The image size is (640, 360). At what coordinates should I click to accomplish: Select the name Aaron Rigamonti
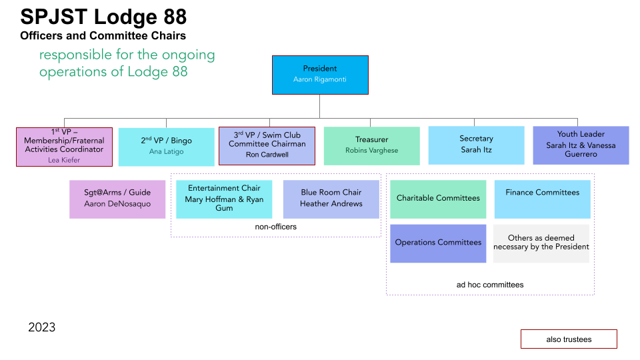click(320, 79)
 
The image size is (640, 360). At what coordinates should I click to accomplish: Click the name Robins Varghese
click(371, 151)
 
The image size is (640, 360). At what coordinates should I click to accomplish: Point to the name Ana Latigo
click(166, 151)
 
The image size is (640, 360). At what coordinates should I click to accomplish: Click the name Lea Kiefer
click(64, 160)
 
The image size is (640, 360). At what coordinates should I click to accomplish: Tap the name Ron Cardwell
click(267, 155)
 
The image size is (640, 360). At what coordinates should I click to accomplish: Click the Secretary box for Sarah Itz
click(476, 145)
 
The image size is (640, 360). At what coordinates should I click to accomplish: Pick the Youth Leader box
click(581, 145)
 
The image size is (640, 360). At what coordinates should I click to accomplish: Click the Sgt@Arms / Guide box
click(117, 199)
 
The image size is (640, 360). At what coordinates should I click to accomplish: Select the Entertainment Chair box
click(224, 199)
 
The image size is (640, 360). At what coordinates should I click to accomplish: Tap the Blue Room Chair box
click(331, 199)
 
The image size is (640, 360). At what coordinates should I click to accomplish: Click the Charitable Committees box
click(438, 199)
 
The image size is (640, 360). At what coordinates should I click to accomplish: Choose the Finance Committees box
click(542, 199)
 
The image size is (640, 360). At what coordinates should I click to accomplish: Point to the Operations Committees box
click(438, 243)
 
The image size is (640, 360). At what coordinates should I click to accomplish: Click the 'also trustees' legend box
click(569, 339)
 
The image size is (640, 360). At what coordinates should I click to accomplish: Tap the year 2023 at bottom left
click(41, 327)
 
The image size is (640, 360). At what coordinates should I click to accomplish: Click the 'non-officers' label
click(275, 227)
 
